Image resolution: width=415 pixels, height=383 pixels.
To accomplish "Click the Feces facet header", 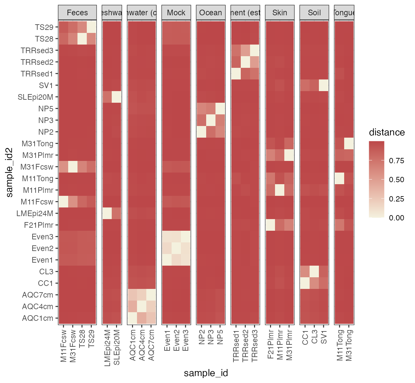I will click(77, 13).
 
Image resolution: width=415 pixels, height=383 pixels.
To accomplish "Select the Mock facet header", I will click(176, 13).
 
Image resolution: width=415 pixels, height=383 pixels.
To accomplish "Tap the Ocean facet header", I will click(210, 13).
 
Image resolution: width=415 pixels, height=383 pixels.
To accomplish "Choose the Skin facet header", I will click(280, 13).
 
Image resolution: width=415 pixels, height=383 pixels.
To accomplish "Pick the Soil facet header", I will click(314, 13).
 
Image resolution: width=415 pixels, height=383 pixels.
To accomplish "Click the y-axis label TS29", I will click(44, 27).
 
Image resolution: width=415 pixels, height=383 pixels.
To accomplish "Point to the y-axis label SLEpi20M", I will click(35, 97).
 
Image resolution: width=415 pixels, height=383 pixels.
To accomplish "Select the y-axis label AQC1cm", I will click(38, 318).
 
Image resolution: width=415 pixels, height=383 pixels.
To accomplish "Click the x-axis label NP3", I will click(211, 337).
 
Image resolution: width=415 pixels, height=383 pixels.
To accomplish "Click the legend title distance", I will click(387, 132).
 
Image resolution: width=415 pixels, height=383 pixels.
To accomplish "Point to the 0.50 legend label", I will click(396, 180).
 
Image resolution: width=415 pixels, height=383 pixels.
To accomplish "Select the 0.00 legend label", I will click(396, 218).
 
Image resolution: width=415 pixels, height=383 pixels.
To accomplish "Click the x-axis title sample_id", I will click(206, 373).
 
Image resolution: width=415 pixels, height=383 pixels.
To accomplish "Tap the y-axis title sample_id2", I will click(9, 172).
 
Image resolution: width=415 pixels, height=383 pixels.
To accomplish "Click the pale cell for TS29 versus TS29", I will click(91, 27).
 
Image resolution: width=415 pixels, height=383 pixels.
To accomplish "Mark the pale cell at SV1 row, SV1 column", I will click(324, 85).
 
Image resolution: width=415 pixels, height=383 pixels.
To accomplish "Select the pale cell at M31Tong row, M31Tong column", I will click(349, 144).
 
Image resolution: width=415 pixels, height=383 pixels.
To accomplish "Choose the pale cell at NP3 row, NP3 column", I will click(211, 120).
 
